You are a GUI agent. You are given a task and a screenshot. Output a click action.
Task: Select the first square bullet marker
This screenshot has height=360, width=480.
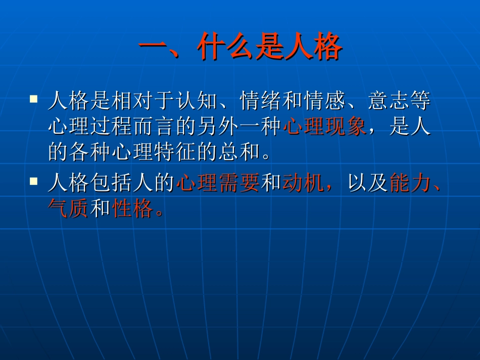coord(34,98)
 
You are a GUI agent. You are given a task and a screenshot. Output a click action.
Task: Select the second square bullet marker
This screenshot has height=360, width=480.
coord(34,181)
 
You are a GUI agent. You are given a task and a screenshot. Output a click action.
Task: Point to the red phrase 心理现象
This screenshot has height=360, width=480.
coord(324,126)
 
